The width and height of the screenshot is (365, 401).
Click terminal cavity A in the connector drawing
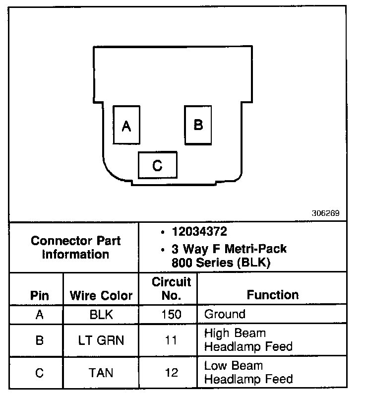[x=126, y=125]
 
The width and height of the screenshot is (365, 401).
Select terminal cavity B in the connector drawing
[x=198, y=125]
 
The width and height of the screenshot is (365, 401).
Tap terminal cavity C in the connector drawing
[x=157, y=165]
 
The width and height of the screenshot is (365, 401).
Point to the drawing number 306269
[x=325, y=214]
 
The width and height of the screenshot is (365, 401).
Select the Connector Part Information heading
[x=75, y=248]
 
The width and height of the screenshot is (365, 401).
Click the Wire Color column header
[x=101, y=296]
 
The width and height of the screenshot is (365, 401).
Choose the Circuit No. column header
[x=171, y=289]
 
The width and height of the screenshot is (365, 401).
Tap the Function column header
[x=273, y=295]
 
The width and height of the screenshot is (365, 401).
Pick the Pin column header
[x=40, y=296]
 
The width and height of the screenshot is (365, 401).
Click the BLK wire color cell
[x=101, y=315]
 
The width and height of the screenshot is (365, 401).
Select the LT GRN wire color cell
[x=101, y=340]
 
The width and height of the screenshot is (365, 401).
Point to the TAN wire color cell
[x=101, y=372]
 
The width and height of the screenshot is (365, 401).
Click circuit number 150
[x=171, y=315]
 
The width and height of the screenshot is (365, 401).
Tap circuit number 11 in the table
[x=171, y=340]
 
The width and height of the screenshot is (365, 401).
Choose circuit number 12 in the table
[x=171, y=372]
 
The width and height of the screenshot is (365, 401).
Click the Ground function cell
[x=225, y=314]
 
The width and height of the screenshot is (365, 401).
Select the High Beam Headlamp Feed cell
[x=248, y=339]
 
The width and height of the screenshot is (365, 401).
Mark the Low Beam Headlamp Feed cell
[x=248, y=372]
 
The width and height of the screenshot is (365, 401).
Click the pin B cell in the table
[x=40, y=340]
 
